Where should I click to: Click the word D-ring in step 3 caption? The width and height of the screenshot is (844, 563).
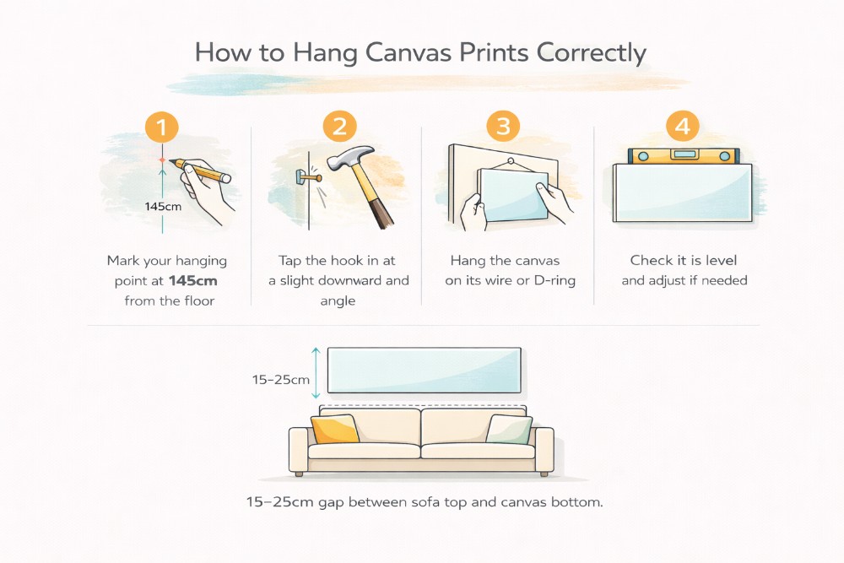click(x=554, y=280)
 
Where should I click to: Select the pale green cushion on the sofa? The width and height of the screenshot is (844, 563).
click(x=509, y=430)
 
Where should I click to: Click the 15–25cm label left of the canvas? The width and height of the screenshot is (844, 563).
click(x=281, y=380)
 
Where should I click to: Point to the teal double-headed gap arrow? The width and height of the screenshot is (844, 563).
click(x=316, y=371)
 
